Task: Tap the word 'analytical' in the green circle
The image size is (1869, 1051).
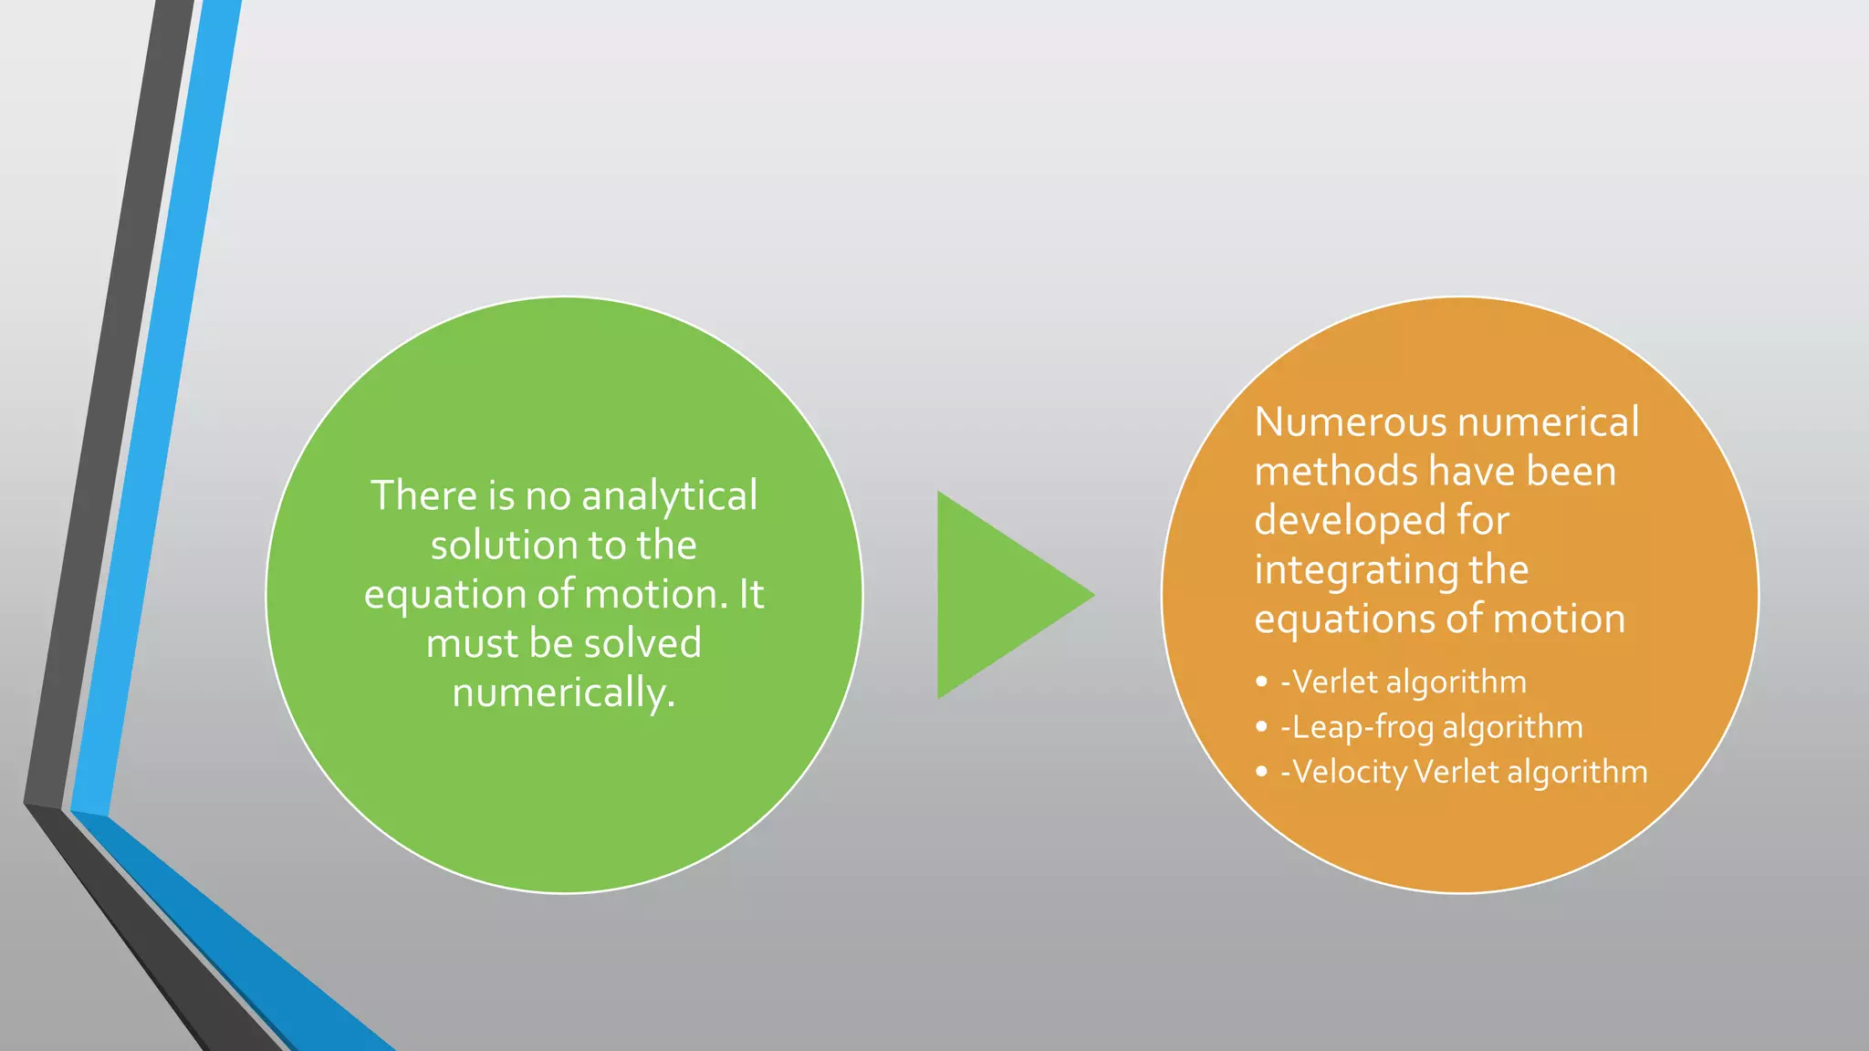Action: (x=669, y=496)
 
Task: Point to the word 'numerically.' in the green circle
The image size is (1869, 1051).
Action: (x=564, y=693)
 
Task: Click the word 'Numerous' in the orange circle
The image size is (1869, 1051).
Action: (x=1351, y=422)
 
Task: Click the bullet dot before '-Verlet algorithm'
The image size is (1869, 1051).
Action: (x=1261, y=682)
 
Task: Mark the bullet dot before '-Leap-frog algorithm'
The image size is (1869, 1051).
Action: (x=1261, y=727)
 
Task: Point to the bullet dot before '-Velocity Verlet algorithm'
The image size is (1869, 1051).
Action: (x=1261, y=772)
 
